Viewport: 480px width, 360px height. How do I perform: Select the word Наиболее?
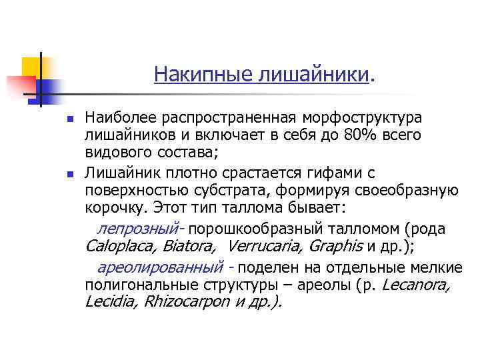tap(118, 118)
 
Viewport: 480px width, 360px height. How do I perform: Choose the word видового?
tap(115, 153)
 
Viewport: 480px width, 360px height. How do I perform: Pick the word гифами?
tap(329, 173)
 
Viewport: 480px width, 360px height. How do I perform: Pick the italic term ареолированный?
tap(160, 268)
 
